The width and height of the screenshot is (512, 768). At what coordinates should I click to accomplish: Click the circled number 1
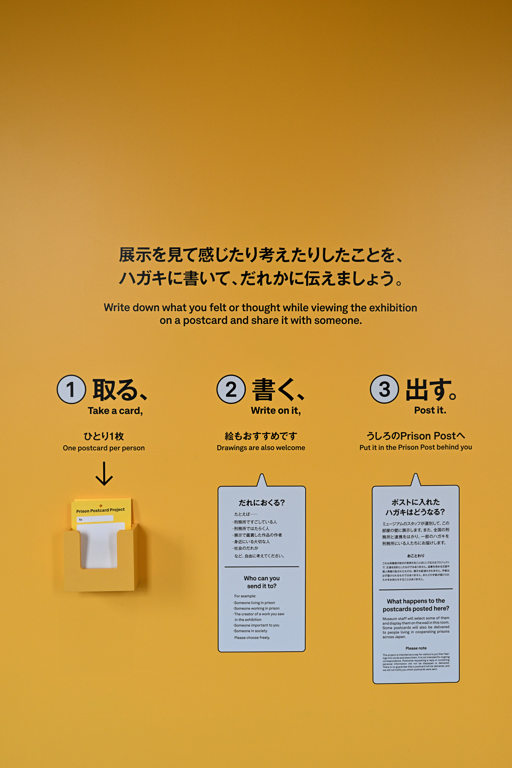pyautogui.click(x=71, y=389)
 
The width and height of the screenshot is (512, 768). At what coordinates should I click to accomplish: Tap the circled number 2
pyautogui.click(x=231, y=389)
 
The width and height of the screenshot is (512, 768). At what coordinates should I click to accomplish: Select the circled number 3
pyautogui.click(x=384, y=389)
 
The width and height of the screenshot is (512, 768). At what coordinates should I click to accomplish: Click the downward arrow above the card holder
pyautogui.click(x=104, y=474)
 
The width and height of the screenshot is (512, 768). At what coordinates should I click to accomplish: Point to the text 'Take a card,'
pyautogui.click(x=115, y=411)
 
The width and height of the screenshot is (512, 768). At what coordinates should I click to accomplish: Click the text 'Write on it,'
pyautogui.click(x=276, y=410)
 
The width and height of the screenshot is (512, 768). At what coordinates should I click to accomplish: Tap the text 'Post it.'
pyautogui.click(x=430, y=410)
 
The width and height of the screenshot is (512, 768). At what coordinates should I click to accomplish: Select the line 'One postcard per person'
pyautogui.click(x=104, y=448)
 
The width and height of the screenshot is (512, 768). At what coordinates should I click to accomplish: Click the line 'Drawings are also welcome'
pyautogui.click(x=261, y=448)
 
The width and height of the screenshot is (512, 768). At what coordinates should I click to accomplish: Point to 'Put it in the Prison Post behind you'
pyautogui.click(x=416, y=447)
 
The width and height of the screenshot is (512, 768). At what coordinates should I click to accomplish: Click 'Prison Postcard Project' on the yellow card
pyautogui.click(x=100, y=510)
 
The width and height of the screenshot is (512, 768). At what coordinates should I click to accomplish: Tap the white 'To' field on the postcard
pyautogui.click(x=95, y=519)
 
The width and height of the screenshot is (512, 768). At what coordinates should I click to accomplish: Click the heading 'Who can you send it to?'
pyautogui.click(x=262, y=582)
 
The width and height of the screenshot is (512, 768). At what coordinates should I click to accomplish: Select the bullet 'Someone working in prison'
pyautogui.click(x=257, y=608)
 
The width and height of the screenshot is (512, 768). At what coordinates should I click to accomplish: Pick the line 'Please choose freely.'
pyautogui.click(x=252, y=638)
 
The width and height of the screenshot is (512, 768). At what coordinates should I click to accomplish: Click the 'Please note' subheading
pyautogui.click(x=416, y=648)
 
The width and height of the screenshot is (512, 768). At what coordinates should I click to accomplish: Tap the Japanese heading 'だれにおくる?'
pyautogui.click(x=262, y=503)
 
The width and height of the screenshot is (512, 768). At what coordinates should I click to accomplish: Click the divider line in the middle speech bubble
pyautogui.click(x=262, y=567)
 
